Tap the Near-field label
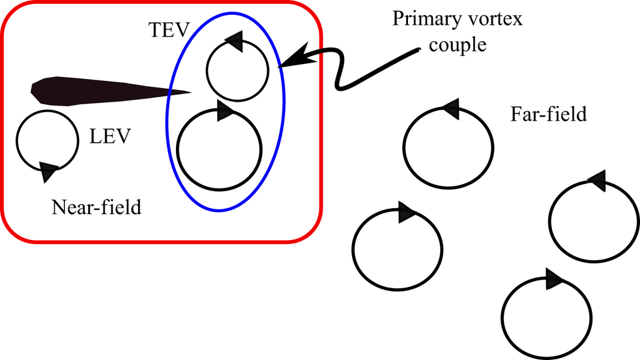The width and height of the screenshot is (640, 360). [96, 209]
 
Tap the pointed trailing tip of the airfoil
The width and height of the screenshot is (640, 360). [188, 92]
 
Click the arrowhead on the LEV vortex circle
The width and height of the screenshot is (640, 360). [48, 172]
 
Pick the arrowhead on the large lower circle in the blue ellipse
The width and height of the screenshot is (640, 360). [224, 111]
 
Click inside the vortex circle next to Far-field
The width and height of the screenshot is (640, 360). [446, 146]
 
